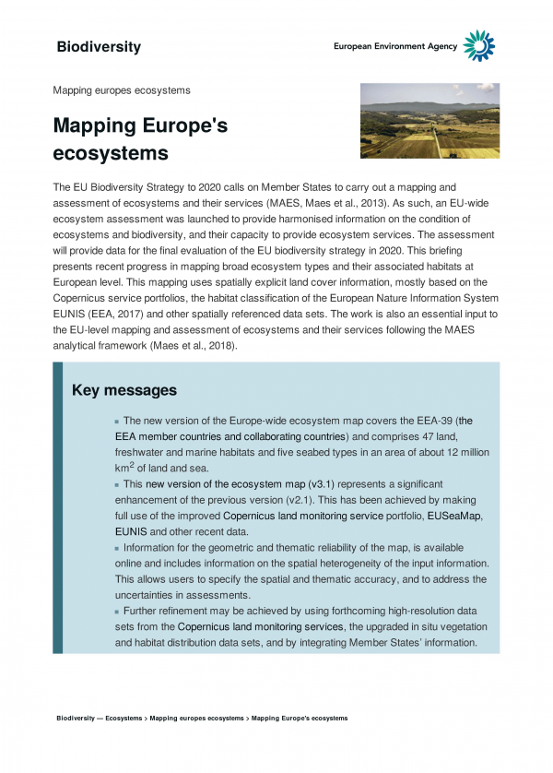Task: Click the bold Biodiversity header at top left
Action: pos(99,47)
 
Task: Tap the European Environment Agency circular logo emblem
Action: pos(478,45)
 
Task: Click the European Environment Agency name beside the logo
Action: pos(395,47)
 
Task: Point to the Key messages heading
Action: pos(124,391)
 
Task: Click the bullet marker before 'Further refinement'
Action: pos(117,612)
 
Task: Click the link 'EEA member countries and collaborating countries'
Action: pos(230,435)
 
